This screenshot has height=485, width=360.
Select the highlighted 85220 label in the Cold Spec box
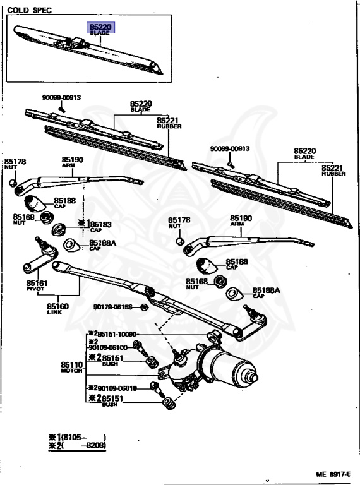click(101, 28)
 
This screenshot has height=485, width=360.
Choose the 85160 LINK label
click(57, 309)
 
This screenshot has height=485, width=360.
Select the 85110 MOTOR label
click(71, 368)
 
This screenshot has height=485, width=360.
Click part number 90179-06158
click(113, 307)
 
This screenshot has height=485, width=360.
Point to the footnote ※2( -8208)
click(76, 446)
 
